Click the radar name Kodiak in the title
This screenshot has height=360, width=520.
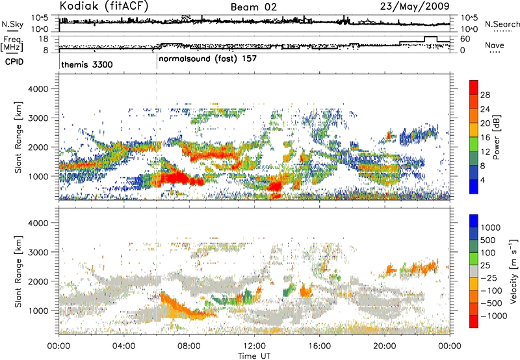click(79, 6)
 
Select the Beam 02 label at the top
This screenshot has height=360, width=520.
click(253, 7)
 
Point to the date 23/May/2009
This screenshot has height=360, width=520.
click(415, 6)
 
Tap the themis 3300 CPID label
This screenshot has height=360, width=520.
click(87, 64)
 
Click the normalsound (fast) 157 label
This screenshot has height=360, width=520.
click(207, 58)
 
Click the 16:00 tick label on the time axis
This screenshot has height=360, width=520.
click(319, 346)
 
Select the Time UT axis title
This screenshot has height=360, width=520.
click(254, 355)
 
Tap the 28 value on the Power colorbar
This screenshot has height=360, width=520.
click(485, 95)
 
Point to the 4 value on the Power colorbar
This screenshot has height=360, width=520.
click(482, 180)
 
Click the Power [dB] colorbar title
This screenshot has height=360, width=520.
click(496, 137)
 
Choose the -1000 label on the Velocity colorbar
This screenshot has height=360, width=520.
click(493, 316)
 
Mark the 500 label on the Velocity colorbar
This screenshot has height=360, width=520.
click(488, 240)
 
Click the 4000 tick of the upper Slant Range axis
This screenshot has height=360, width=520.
click(38, 89)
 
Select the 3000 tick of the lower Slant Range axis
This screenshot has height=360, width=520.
click(38, 252)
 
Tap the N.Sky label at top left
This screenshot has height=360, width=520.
click(12, 24)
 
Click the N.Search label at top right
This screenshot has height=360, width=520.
click(502, 24)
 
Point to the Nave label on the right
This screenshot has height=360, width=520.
click(494, 45)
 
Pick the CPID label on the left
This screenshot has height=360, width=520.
click(14, 62)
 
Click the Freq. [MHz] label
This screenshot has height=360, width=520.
click(12, 44)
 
